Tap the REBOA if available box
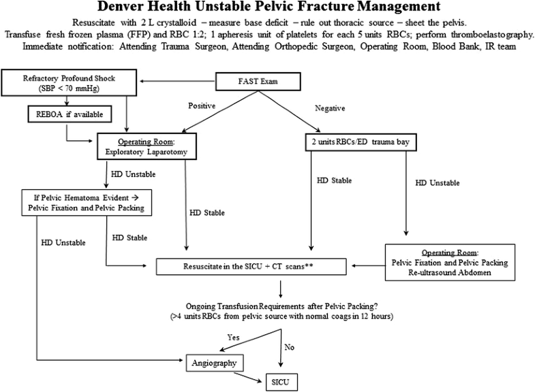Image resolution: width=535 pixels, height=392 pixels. pos(70,113)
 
